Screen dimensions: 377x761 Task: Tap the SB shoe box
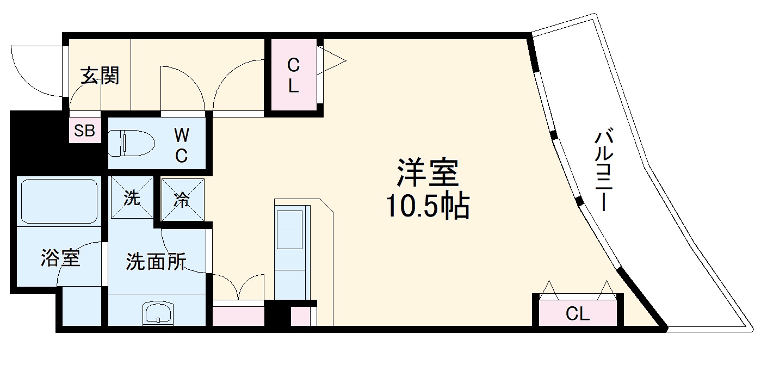(x=85, y=131)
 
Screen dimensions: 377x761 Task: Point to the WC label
(x=181, y=145)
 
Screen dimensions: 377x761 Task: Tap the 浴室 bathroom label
(x=60, y=259)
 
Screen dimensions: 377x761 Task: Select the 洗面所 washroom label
(x=156, y=262)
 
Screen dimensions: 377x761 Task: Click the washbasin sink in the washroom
(x=158, y=313)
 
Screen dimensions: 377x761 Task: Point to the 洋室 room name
(x=428, y=173)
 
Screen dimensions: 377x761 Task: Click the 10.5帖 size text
(x=428, y=206)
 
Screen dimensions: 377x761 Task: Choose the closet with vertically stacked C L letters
(x=293, y=76)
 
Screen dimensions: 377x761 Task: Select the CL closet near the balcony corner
(x=578, y=314)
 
